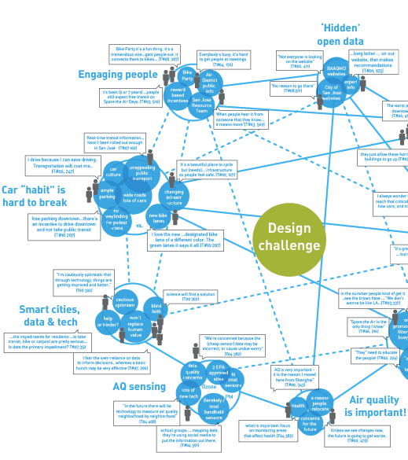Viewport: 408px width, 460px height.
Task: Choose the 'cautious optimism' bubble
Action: pyautogui.click(x=125, y=301)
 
